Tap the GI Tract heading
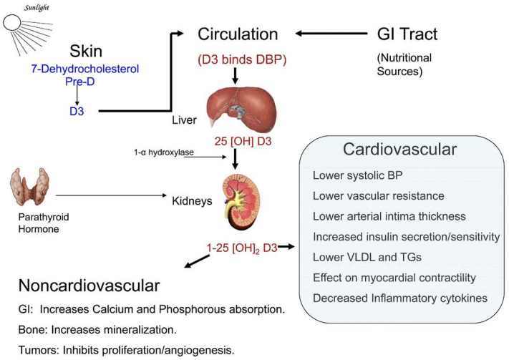tap(407, 34)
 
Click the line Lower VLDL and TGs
tap(358, 258)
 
